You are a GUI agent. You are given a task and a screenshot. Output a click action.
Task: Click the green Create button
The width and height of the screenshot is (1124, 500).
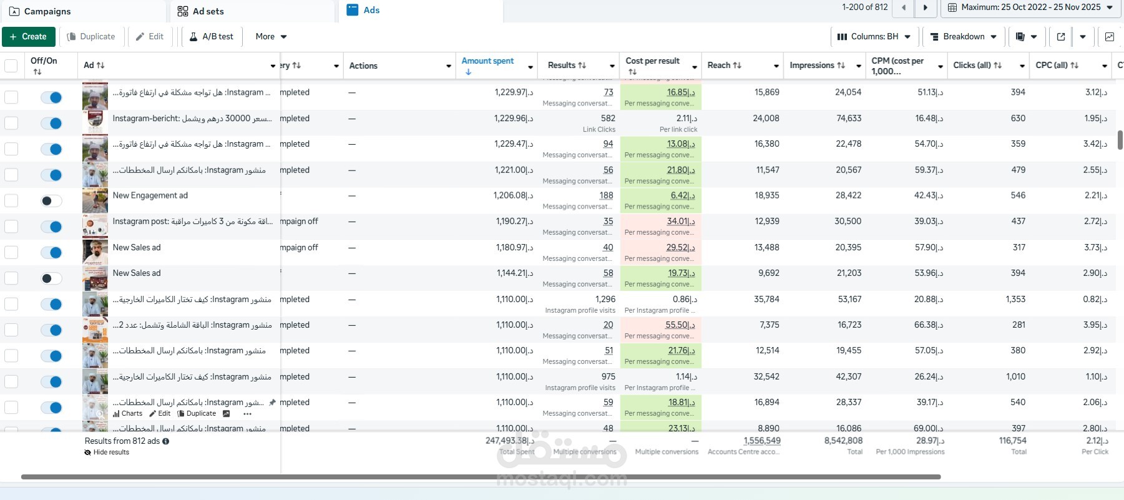click(29, 37)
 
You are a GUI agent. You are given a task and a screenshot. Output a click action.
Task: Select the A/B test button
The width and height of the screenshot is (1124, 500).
click(212, 37)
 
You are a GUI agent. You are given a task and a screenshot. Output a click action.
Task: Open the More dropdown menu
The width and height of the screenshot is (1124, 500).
click(271, 37)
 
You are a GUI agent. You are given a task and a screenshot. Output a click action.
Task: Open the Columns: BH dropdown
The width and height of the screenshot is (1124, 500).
click(874, 37)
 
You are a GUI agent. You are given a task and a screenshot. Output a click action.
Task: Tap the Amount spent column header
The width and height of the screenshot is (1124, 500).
click(487, 61)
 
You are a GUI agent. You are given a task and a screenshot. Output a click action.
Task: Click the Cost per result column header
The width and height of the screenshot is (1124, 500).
click(652, 61)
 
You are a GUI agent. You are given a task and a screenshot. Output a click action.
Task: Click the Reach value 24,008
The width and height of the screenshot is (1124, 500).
click(766, 119)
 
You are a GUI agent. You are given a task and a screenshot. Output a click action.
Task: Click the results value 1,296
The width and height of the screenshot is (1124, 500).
click(605, 300)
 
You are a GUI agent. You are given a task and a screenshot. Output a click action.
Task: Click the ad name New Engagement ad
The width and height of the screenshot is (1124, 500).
click(150, 196)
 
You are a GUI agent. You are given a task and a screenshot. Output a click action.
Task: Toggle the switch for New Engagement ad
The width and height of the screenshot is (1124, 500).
click(51, 201)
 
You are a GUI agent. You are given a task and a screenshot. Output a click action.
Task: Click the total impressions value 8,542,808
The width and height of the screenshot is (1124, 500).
click(843, 441)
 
